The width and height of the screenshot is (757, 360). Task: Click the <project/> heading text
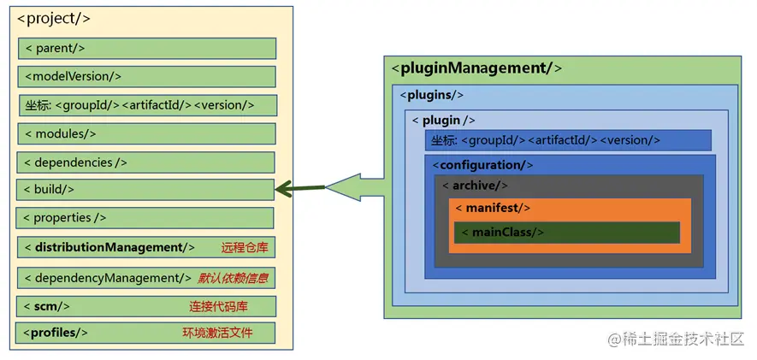(x=54, y=18)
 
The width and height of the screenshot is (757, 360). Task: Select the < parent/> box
(x=146, y=49)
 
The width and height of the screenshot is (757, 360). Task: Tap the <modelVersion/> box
(x=146, y=77)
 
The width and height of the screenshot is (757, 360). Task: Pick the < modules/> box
(x=146, y=133)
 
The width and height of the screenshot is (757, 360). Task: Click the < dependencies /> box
(x=146, y=162)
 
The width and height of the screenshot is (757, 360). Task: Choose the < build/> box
(x=146, y=190)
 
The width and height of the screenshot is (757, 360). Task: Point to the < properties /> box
(x=146, y=218)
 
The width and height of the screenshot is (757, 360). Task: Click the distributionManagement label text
(x=109, y=248)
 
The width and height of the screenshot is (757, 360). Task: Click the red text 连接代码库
(x=214, y=306)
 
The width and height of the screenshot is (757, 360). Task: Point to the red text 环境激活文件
(x=217, y=333)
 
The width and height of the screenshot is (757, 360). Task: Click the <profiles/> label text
(x=56, y=333)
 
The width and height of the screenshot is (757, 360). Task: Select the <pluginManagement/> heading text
(x=476, y=68)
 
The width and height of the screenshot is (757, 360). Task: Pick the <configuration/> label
(x=482, y=165)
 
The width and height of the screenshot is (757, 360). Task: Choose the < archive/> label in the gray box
(x=476, y=186)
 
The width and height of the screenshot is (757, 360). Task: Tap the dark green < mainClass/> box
(x=566, y=233)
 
